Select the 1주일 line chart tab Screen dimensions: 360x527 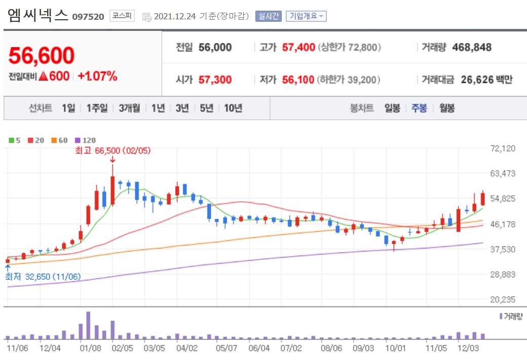point(97,108)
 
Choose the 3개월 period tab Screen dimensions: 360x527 point(129,108)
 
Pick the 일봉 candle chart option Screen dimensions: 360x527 point(392,108)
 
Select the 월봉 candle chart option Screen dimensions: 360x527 point(447,108)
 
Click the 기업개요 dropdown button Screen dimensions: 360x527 point(306,16)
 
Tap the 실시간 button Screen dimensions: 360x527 point(268,16)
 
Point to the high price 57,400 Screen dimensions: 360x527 point(298,48)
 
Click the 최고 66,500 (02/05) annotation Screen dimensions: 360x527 point(112,151)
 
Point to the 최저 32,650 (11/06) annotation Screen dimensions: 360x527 point(43,277)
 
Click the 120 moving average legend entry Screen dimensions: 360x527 point(85,140)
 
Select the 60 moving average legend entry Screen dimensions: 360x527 point(60,140)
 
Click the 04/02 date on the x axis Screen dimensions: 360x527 point(187,348)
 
